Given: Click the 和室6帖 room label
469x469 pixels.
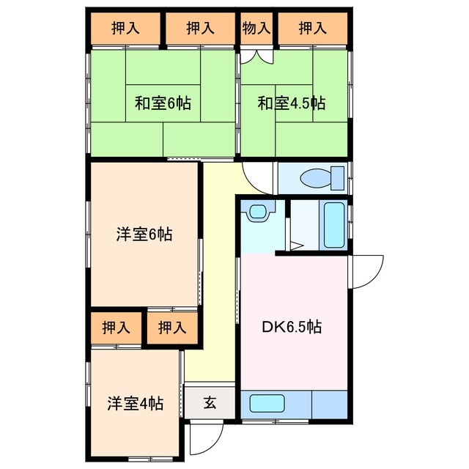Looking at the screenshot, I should (x=162, y=103).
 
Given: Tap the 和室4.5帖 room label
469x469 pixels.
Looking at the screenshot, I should (x=290, y=103).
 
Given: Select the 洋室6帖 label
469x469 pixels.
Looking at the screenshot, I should (x=144, y=235).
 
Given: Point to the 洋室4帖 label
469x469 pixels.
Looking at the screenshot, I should (x=135, y=403).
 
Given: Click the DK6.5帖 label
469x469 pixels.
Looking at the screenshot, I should (x=292, y=326).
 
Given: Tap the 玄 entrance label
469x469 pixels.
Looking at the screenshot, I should (x=210, y=402).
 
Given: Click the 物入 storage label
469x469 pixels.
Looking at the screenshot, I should (x=256, y=29).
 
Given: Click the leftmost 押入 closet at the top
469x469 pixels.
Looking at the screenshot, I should (x=125, y=29).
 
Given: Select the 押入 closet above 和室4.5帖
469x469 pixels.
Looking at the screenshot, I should (x=312, y=29).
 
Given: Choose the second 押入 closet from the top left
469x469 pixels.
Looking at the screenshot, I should (x=199, y=29).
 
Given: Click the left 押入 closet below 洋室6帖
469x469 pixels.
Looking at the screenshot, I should (x=116, y=327).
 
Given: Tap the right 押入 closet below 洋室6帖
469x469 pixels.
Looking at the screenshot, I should (x=172, y=327).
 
